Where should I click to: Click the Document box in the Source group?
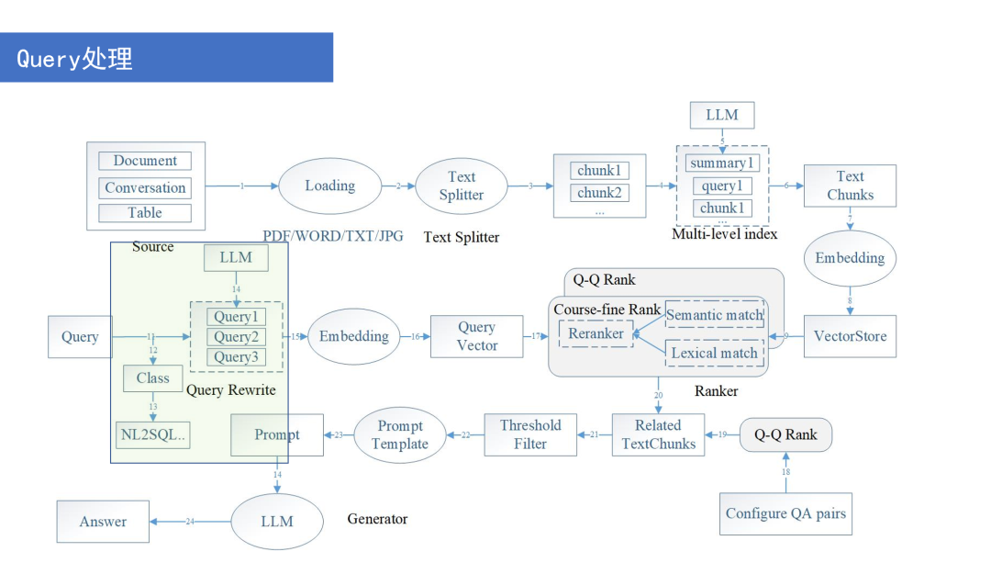click(145, 161)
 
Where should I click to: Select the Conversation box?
click(145, 188)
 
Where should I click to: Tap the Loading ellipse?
click(329, 186)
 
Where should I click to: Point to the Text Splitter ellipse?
click(462, 186)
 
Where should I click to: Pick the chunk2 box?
click(599, 193)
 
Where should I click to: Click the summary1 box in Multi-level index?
click(722, 163)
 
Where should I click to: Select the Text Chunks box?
click(850, 186)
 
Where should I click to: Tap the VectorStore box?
click(850, 336)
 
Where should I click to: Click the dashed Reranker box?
click(596, 334)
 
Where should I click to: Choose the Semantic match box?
click(715, 315)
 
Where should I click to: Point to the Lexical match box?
click(715, 353)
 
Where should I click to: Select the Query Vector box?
click(477, 336)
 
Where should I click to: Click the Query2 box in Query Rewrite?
click(236, 337)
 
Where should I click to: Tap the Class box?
click(152, 378)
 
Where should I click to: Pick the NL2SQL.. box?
click(152, 434)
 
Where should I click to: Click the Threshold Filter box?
click(530, 434)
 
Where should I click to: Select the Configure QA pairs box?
click(785, 513)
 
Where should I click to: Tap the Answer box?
click(103, 522)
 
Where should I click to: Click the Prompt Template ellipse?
click(400, 434)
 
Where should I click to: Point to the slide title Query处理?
click(75, 59)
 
